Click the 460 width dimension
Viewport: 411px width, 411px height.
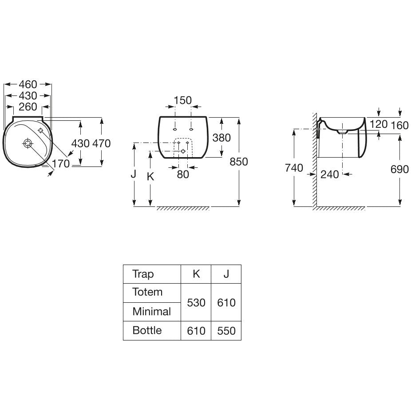(x=28, y=84)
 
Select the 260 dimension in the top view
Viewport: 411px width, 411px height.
(x=28, y=107)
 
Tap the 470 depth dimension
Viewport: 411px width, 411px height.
(x=102, y=143)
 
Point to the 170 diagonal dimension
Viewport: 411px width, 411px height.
(x=61, y=164)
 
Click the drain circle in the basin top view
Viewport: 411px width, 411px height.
(x=28, y=143)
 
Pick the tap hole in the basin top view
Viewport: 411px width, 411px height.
(x=41, y=130)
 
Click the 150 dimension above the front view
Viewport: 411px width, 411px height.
(x=183, y=100)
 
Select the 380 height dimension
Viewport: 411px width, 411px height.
(x=221, y=138)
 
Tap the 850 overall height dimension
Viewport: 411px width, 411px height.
(x=238, y=162)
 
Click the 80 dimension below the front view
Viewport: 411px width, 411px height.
(x=183, y=174)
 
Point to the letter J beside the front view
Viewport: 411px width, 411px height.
(x=134, y=174)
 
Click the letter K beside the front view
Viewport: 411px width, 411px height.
(x=150, y=177)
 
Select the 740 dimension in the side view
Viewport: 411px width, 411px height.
(x=294, y=168)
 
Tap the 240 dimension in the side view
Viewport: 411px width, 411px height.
(x=329, y=174)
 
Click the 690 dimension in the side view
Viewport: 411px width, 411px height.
(x=399, y=169)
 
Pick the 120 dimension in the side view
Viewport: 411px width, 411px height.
(x=379, y=124)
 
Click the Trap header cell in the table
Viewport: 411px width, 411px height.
(x=143, y=274)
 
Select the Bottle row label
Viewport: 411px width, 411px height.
(x=147, y=330)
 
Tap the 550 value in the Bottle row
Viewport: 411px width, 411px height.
(x=226, y=331)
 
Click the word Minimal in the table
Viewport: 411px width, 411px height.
(x=152, y=312)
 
